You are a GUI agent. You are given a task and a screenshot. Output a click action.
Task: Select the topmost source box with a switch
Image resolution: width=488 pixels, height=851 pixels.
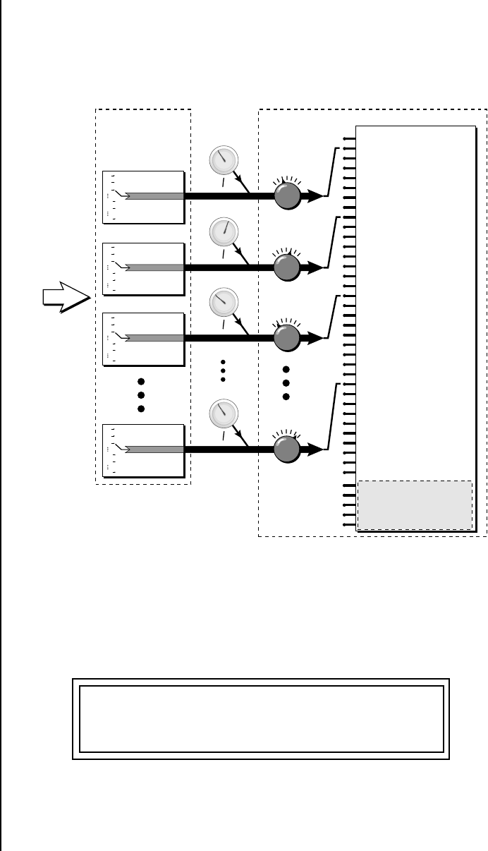click(x=143, y=197)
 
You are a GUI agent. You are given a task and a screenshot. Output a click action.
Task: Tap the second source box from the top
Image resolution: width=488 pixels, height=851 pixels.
click(x=143, y=269)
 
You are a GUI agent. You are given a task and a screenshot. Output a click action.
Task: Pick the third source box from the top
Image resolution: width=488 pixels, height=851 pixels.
click(x=143, y=339)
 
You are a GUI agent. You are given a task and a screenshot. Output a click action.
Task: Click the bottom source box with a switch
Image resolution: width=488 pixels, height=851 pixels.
click(x=143, y=451)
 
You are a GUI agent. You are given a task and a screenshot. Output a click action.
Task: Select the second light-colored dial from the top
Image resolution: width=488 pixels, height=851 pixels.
click(x=224, y=232)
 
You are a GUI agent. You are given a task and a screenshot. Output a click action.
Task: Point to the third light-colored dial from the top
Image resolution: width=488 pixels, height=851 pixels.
click(x=224, y=302)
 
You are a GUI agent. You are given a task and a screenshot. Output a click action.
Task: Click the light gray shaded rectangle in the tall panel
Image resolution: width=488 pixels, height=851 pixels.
click(x=415, y=505)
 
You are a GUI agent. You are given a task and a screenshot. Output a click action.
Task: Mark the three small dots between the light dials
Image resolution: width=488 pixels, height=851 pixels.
click(x=224, y=370)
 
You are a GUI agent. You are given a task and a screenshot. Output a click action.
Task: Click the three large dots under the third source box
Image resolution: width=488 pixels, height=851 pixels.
click(x=141, y=396)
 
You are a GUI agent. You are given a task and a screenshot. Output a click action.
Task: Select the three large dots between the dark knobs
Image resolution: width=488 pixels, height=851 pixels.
click(x=286, y=383)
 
